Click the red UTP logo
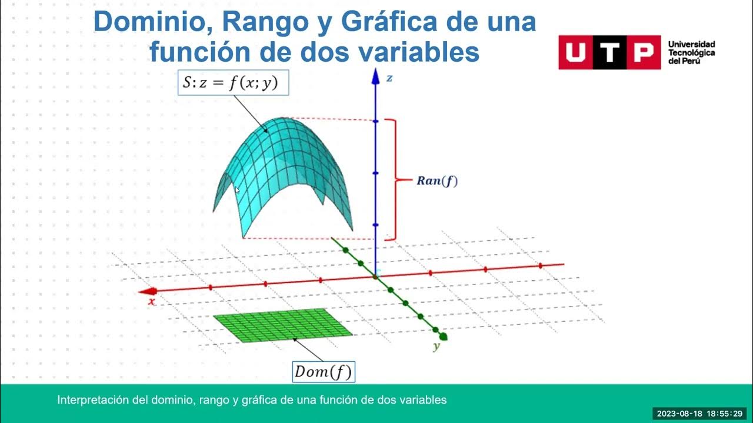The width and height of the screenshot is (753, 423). click(x=609, y=52)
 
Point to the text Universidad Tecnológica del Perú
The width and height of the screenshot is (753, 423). click(x=691, y=52)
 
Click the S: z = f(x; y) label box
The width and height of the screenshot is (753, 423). click(x=233, y=83)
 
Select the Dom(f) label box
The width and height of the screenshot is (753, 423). click(x=324, y=371)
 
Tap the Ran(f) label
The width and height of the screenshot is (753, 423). click(x=437, y=181)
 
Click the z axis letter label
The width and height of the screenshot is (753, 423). click(x=389, y=78)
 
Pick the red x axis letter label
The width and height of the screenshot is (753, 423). click(x=152, y=301)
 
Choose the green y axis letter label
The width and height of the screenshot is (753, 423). click(x=437, y=347)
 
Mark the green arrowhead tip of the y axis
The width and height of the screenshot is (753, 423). click(x=444, y=337)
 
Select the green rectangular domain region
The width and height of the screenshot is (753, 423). click(x=282, y=325)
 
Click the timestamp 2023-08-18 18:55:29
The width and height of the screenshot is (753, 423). click(x=699, y=413)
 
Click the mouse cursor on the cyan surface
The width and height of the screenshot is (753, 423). click(x=237, y=190)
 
